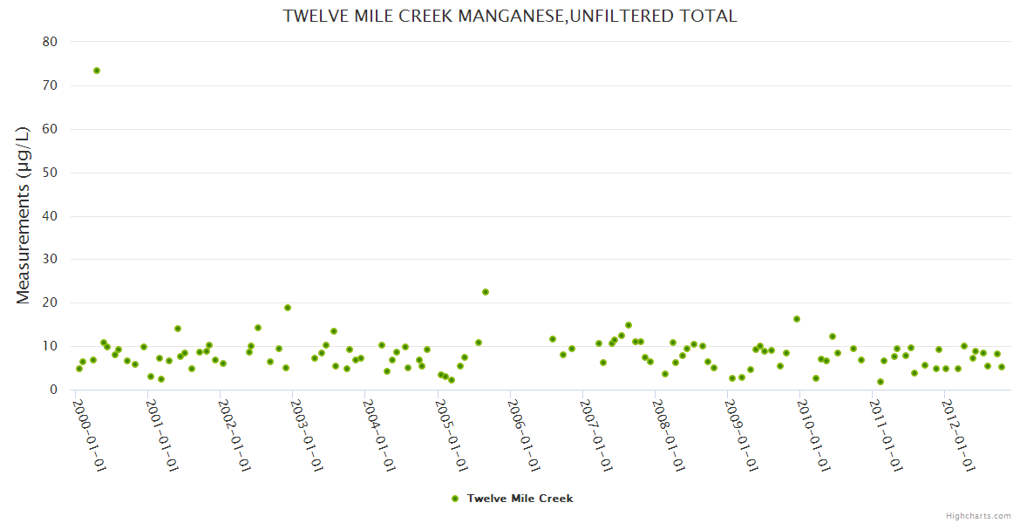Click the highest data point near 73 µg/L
coord(97,71)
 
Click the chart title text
coord(510,16)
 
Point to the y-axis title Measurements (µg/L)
coord(24,215)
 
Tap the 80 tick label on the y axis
coord(50,42)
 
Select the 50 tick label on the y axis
coord(50,173)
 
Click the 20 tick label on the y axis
coord(50,302)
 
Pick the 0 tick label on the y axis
coord(53,390)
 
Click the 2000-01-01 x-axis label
coord(88,435)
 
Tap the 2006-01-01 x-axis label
coord(524,435)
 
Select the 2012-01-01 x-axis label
coord(958,435)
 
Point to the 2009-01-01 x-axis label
coord(741,435)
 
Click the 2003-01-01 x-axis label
coord(306,435)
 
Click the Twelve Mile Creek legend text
coord(520,499)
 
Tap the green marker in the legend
coord(454,499)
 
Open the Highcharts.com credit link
coord(978,515)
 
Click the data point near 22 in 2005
coord(486,292)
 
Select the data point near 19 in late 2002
coord(288,308)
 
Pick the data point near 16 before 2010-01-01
coord(797,319)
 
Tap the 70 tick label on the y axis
coord(50,85)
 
